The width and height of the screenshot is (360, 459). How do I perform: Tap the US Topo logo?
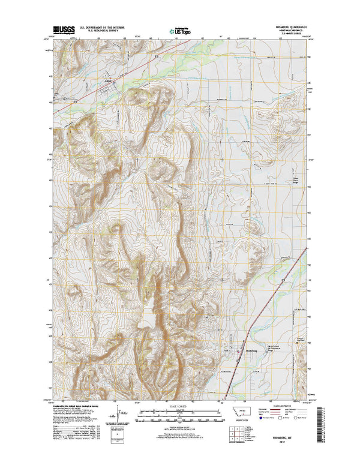click(179, 29)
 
